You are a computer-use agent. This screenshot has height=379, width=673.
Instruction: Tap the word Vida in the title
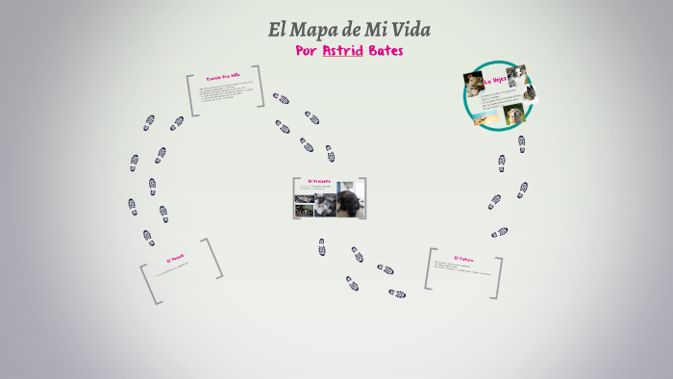(x=411, y=30)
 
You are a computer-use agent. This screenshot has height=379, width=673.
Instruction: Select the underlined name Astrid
(x=343, y=51)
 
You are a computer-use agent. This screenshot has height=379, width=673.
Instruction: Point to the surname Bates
(x=386, y=51)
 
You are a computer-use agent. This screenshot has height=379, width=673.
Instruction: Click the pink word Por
(x=307, y=51)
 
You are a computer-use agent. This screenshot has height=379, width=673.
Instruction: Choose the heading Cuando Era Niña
(x=223, y=77)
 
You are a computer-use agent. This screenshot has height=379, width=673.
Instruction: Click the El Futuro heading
(x=463, y=258)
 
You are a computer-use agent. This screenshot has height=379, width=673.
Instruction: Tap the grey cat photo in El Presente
(x=326, y=205)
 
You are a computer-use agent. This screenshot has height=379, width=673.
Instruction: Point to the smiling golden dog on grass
(x=515, y=114)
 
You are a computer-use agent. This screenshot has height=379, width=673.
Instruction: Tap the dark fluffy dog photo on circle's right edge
(x=530, y=93)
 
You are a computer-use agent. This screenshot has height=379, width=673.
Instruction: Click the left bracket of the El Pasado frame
(x=146, y=285)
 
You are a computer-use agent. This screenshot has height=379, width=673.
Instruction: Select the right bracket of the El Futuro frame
(x=497, y=277)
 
